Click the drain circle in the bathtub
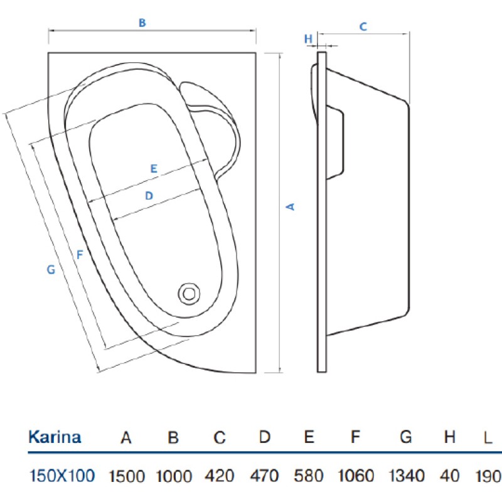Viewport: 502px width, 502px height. pyautogui.click(x=190, y=294)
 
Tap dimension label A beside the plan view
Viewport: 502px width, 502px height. pyautogui.click(x=291, y=207)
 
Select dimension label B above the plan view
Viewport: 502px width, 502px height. pyautogui.click(x=142, y=23)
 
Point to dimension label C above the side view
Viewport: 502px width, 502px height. pyautogui.click(x=363, y=26)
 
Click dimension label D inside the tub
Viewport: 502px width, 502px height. pyautogui.click(x=149, y=196)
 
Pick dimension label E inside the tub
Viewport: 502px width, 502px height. pyautogui.click(x=154, y=168)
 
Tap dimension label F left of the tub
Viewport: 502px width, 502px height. pyautogui.click(x=80, y=255)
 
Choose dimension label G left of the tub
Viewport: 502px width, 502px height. pyautogui.click(x=51, y=270)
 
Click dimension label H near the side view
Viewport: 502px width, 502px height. pyautogui.click(x=308, y=39)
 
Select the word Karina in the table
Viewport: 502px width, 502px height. pyautogui.click(x=55, y=437)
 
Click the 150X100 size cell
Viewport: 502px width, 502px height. pyautogui.click(x=61, y=476)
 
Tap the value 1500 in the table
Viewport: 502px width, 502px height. pyautogui.click(x=127, y=476)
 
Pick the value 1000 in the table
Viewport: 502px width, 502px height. pyautogui.click(x=174, y=476)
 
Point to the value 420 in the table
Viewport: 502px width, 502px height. pyautogui.click(x=220, y=476)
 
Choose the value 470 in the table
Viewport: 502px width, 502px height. pyautogui.click(x=264, y=476)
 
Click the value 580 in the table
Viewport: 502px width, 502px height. pyautogui.click(x=309, y=476)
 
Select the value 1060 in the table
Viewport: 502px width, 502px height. pyautogui.click(x=356, y=476)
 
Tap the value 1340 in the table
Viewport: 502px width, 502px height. pyautogui.click(x=407, y=476)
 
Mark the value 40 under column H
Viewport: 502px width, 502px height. pyautogui.click(x=450, y=476)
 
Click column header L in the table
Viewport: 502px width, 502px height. pyautogui.click(x=488, y=437)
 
